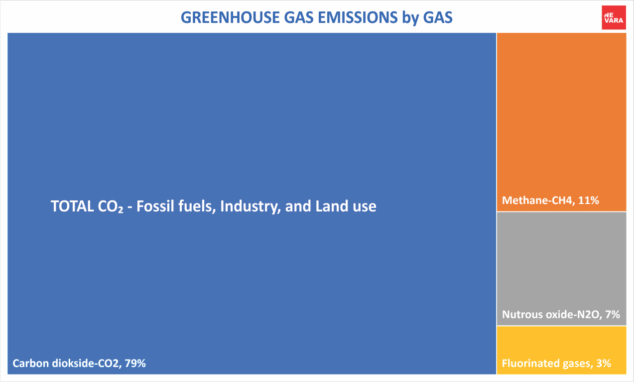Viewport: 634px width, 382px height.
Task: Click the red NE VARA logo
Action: click(x=614, y=17)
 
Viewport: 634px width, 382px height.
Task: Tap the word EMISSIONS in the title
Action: click(x=358, y=17)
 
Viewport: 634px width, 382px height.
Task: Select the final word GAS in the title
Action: click(x=438, y=17)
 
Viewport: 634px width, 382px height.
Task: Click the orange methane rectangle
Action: click(x=562, y=122)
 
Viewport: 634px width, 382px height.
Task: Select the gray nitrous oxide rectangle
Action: click(x=562, y=269)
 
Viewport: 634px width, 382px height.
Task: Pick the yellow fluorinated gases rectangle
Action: click(x=562, y=350)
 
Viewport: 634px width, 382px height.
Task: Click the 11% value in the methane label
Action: click(x=589, y=200)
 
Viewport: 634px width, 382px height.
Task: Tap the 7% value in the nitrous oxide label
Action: click(x=613, y=314)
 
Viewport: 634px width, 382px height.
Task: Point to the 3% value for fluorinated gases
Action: click(x=604, y=363)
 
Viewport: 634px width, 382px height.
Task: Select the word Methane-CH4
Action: click(x=538, y=200)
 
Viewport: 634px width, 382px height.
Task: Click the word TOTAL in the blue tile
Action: click(x=72, y=206)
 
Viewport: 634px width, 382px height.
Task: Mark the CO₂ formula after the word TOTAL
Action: click(x=111, y=206)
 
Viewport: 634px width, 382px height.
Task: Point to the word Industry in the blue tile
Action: click(x=251, y=206)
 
